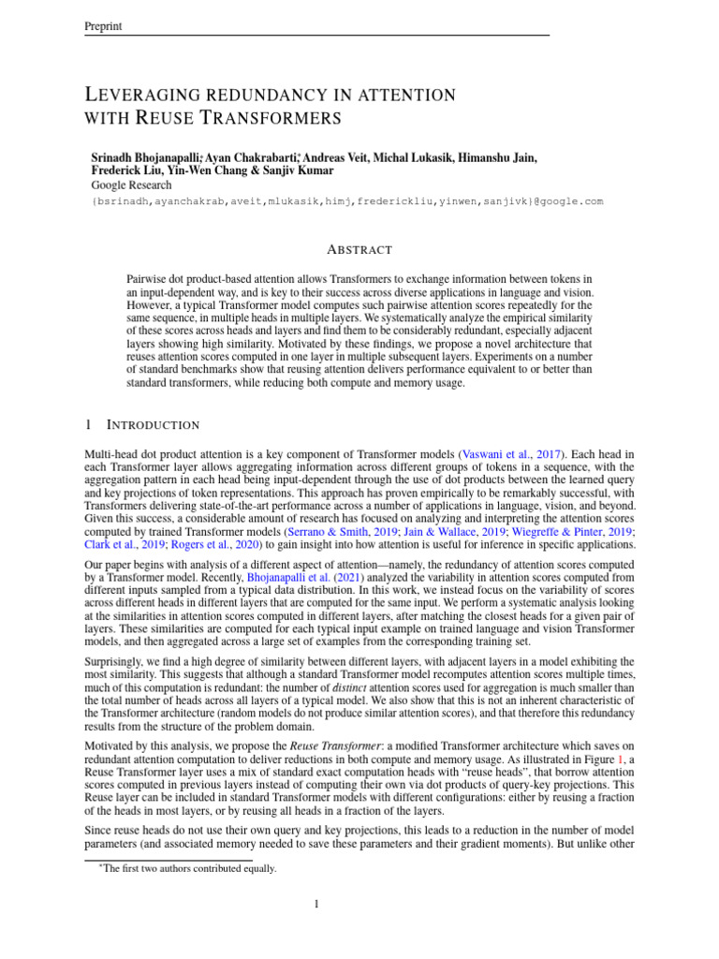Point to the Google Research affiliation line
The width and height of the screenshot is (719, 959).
132,186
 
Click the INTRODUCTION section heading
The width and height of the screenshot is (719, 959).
153,425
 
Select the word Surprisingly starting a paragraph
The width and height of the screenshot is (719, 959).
118,660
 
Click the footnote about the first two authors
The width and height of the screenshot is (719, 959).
189,868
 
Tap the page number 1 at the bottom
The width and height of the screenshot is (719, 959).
317,905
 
